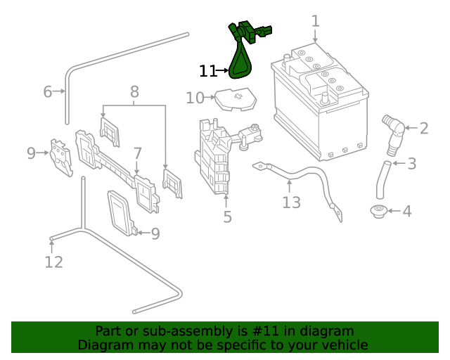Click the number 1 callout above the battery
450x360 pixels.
tap(315, 20)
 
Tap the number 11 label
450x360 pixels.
tap(207, 71)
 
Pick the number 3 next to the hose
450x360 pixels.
tap(412, 164)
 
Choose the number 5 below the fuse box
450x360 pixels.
tap(227, 217)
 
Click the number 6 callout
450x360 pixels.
tap(48, 91)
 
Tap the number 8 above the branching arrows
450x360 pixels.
tap(134, 91)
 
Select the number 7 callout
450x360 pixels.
tap(138, 153)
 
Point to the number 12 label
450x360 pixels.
tap(53, 262)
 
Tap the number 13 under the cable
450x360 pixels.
tap(291, 202)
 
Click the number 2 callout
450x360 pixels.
tap(423, 128)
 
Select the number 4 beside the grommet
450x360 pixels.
tap(407, 210)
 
